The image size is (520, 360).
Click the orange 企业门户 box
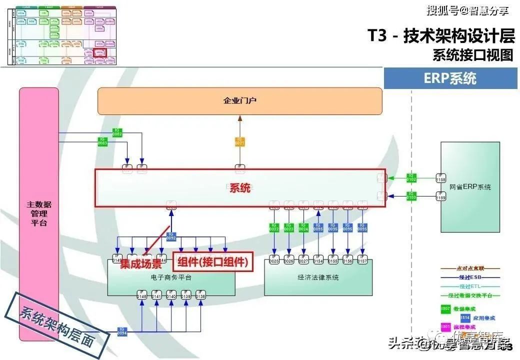[x=240, y=101]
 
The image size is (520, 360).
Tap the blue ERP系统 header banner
[x=450, y=78]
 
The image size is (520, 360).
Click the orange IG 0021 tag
[x=240, y=141]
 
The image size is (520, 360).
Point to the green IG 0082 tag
[x=117, y=132]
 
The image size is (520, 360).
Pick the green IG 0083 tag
[x=102, y=141]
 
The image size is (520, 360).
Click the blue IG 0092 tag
[x=171, y=236]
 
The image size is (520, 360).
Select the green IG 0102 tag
[x=411, y=177]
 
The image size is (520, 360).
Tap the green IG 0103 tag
[x=411, y=196]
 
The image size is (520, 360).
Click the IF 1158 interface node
[x=440, y=178]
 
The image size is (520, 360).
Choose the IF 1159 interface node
[x=440, y=196]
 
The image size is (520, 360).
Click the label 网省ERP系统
[x=470, y=187]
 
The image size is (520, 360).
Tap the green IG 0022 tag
[x=274, y=227]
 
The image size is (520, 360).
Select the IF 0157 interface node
[x=362, y=259]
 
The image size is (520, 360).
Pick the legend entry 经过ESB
[x=472, y=277]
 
